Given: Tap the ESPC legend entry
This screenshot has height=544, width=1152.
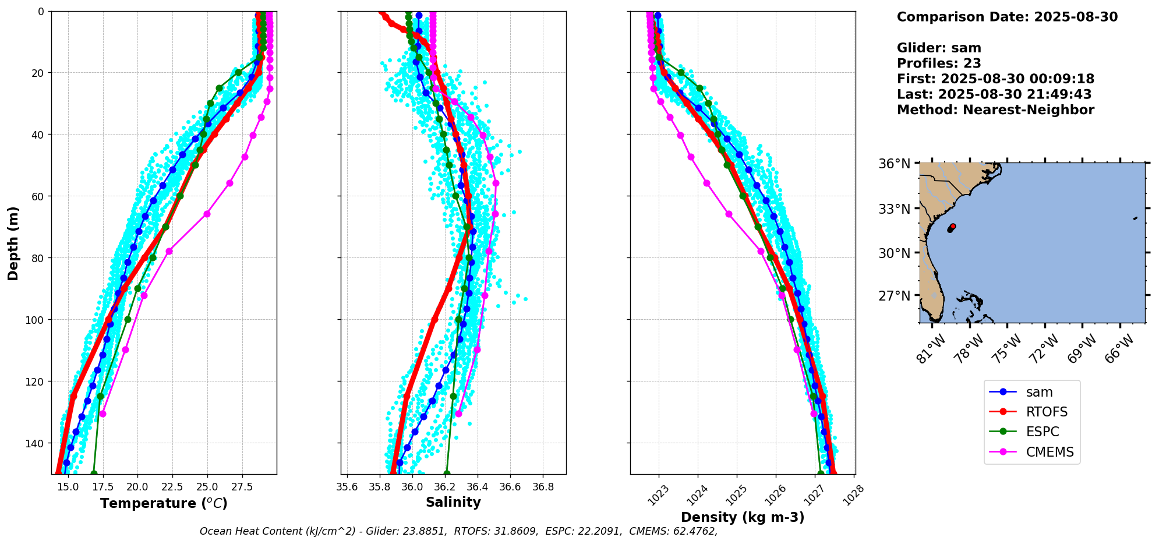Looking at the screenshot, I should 1042,432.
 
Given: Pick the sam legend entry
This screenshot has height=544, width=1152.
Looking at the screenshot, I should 1039,392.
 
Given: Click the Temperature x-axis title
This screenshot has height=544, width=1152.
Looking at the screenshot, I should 164,503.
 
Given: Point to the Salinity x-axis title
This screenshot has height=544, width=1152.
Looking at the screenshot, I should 453,502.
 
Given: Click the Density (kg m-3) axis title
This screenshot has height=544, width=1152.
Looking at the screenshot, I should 743,517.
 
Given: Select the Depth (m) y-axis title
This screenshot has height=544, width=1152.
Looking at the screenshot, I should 13,243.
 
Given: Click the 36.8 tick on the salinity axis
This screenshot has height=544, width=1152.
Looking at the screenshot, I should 543,487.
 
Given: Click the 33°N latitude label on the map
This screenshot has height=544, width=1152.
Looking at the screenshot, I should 894,209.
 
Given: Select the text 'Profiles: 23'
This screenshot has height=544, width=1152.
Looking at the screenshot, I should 939,63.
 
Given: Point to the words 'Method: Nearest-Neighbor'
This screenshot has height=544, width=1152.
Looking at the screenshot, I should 995,110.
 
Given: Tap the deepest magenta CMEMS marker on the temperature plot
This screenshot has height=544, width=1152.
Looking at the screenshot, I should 103,414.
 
